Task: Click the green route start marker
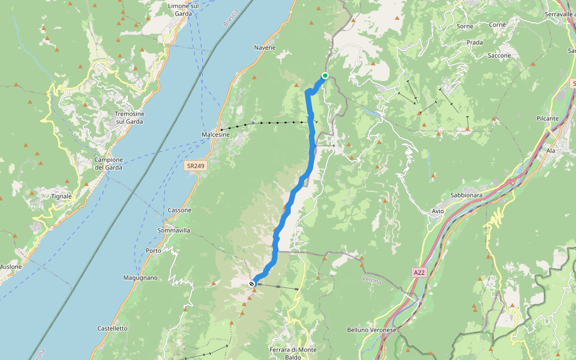click(x=325, y=76)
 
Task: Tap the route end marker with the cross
click(x=252, y=284)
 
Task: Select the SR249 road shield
click(x=195, y=165)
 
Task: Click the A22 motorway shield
click(x=419, y=272)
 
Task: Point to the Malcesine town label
click(x=216, y=135)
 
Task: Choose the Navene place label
click(x=265, y=47)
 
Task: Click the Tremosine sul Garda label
click(x=129, y=117)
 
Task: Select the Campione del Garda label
click(x=109, y=163)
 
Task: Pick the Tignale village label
click(x=61, y=196)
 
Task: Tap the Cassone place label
click(x=180, y=210)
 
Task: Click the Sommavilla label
click(x=173, y=230)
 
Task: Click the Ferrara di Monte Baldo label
click(x=293, y=353)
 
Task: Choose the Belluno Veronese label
click(x=372, y=330)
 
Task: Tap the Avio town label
click(x=438, y=211)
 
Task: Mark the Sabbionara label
click(x=467, y=196)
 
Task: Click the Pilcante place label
click(x=547, y=119)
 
